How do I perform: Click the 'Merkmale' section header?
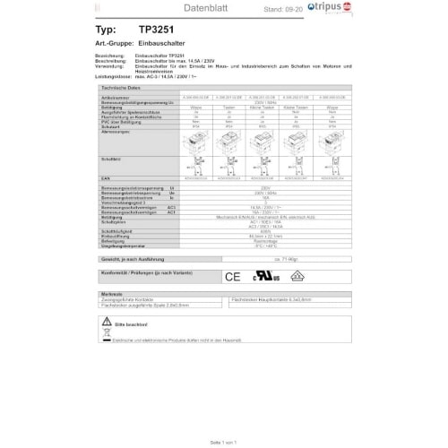tap(113, 294)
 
